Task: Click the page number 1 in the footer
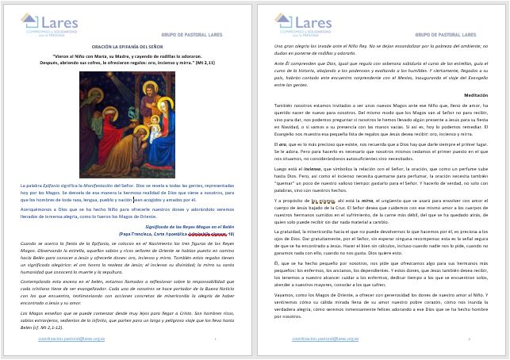(215, 339)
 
